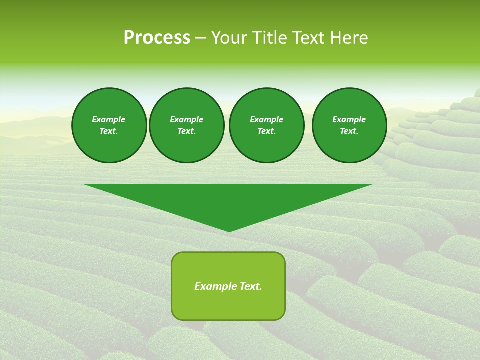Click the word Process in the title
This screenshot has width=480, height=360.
(157, 38)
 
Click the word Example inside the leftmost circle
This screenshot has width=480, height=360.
(109, 119)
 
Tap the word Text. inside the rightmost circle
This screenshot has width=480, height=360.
(349, 131)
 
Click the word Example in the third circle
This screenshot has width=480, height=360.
(266, 119)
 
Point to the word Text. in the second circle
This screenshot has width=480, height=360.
(186, 131)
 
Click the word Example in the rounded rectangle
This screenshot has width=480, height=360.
(216, 286)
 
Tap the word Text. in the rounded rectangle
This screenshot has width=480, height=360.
(251, 286)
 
